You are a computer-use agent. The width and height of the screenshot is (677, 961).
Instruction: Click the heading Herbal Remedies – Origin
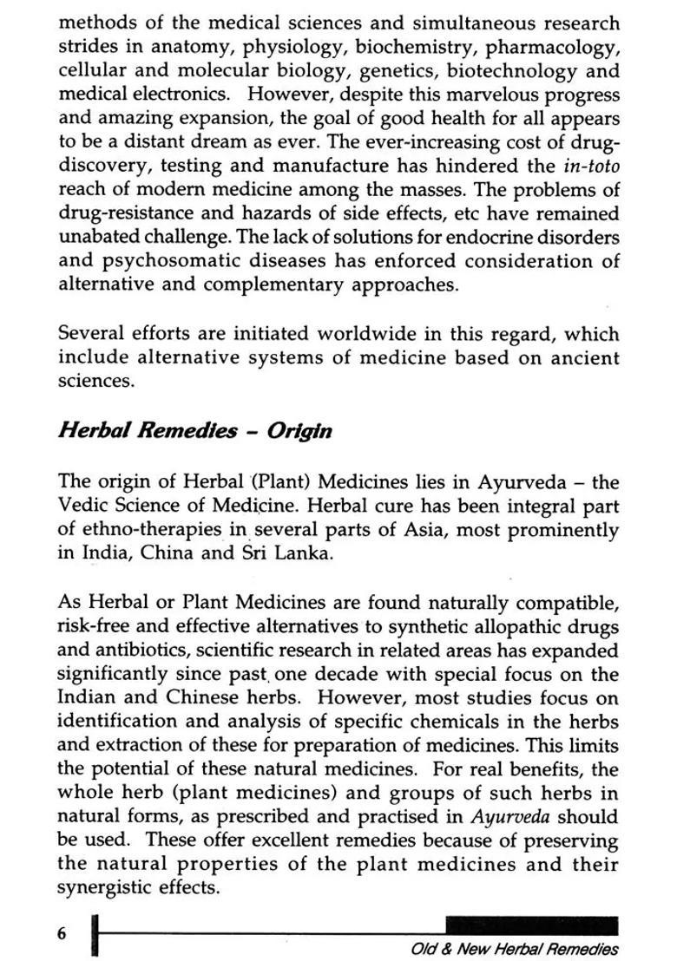click(x=194, y=430)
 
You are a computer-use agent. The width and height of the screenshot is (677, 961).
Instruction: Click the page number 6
click(x=62, y=933)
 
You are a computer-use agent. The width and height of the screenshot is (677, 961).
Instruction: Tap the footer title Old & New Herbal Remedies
click(x=516, y=949)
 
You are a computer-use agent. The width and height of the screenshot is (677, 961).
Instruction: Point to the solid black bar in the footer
click(x=531, y=925)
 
